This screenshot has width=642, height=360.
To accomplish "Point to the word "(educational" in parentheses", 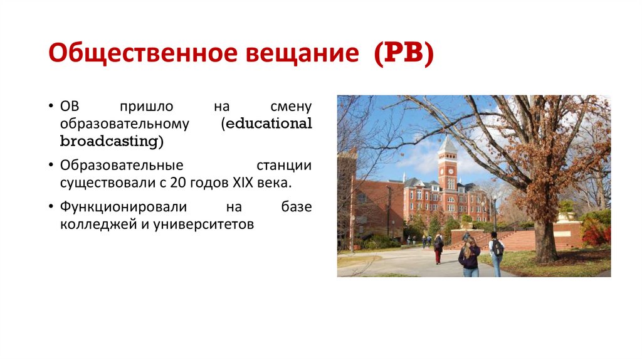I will [x=266, y=124].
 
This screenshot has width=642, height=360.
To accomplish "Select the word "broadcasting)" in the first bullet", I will [x=112, y=141].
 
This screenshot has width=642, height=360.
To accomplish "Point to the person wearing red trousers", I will [x=438, y=249].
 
